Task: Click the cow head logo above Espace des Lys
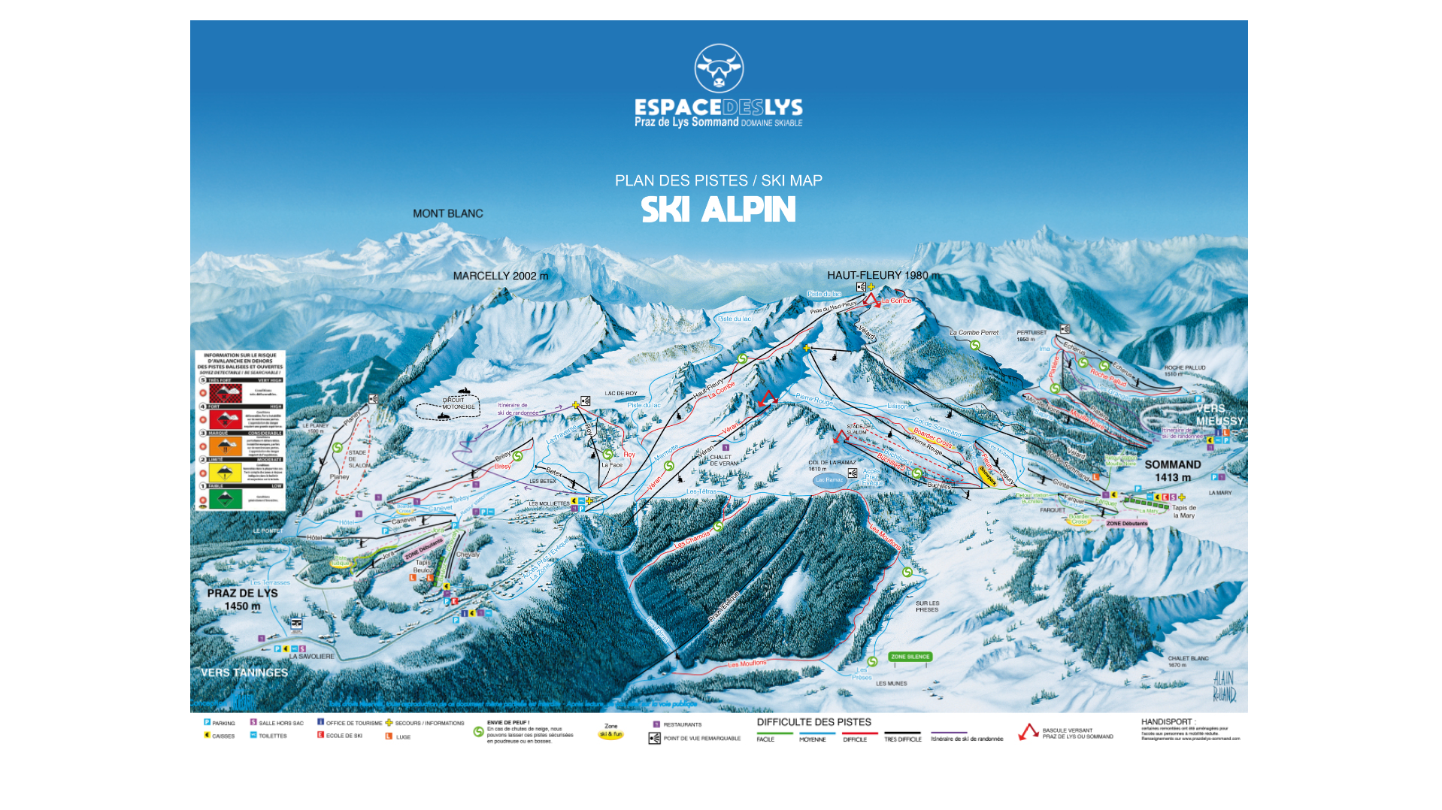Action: [719, 69]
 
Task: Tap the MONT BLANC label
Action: [448, 214]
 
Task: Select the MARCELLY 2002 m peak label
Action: [500, 277]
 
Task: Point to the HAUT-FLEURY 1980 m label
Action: [883, 276]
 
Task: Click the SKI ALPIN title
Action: [718, 210]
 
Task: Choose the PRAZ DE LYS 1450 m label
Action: [242, 600]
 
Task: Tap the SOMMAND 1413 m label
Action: [1172, 471]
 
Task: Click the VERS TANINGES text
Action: [244, 673]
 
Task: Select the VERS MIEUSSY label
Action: [1219, 415]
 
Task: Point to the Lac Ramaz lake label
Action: [829, 480]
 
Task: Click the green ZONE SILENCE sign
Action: [910, 657]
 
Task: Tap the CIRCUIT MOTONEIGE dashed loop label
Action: [459, 403]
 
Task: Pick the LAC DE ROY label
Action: [621, 394]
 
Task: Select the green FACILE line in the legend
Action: [774, 733]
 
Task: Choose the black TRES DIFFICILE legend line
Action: [902, 733]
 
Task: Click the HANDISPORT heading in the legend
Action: [1168, 722]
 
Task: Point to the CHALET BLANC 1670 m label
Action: [1188, 661]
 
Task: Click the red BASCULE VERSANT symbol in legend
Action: [1028, 732]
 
